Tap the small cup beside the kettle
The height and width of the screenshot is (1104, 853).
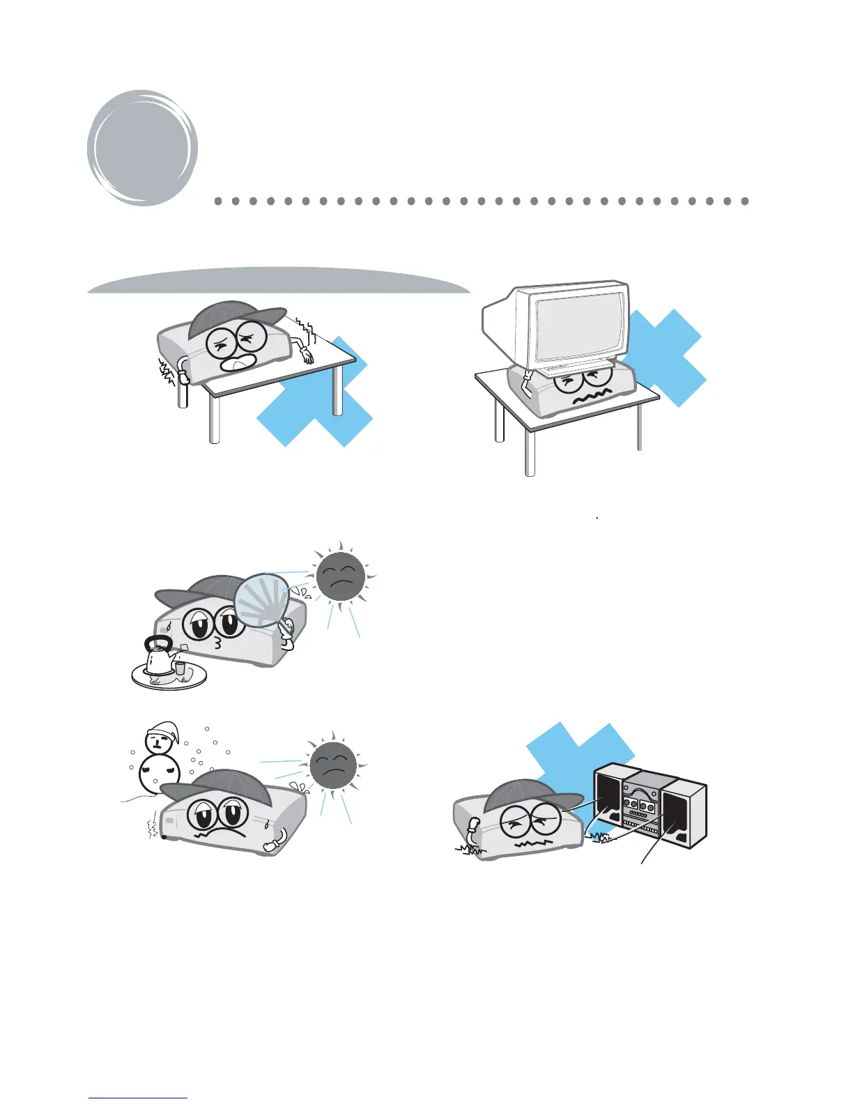(180, 668)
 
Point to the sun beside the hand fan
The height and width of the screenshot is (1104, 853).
(340, 577)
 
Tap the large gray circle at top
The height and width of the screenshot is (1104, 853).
(141, 148)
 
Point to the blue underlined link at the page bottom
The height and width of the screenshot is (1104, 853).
(138, 1098)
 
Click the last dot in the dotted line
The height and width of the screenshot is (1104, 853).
(744, 201)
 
